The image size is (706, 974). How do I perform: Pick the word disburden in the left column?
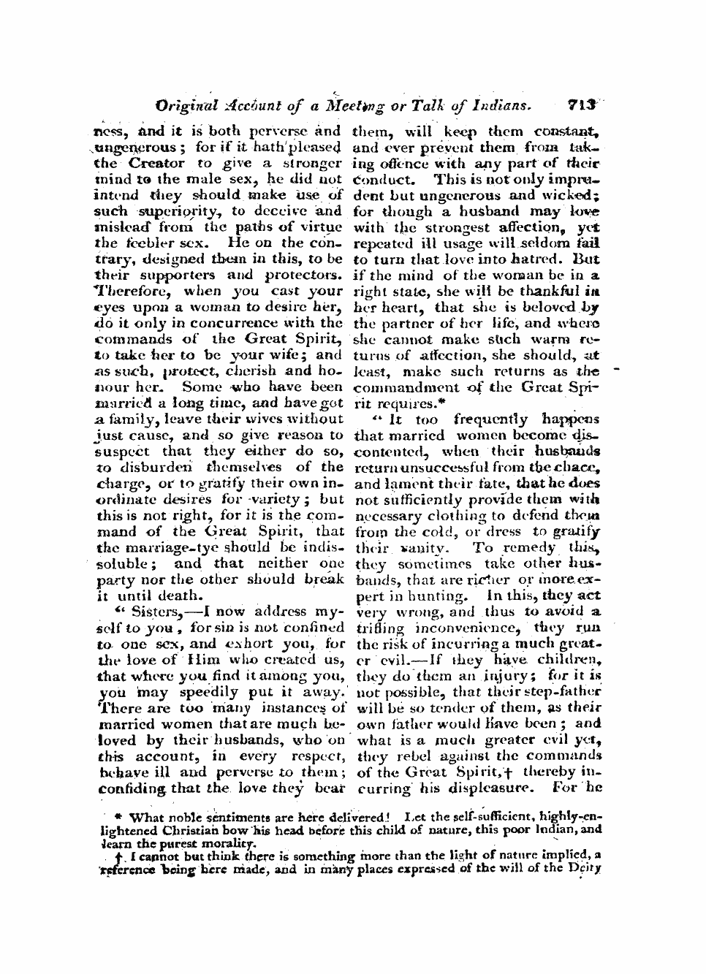(162, 466)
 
